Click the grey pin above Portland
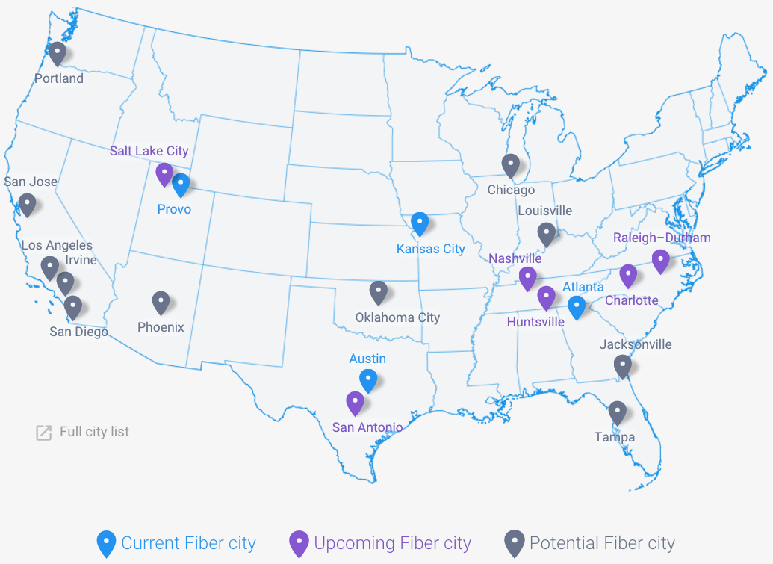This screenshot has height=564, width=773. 58,52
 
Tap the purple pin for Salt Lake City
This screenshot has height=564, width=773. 164,174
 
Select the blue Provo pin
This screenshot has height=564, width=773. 181,185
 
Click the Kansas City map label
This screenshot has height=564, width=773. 431,249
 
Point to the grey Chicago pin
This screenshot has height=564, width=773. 510,165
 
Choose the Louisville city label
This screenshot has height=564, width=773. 544,211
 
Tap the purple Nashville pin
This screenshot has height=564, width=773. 528,278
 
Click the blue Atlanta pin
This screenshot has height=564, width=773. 576,307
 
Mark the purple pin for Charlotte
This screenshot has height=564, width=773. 628,276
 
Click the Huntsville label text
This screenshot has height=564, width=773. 535,322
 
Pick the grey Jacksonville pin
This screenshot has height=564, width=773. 622,366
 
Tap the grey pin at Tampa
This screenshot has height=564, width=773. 617,412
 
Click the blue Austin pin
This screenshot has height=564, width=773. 367,380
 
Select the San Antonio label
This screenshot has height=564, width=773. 367,427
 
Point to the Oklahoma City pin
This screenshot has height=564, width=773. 379,292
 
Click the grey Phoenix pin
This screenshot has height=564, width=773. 161,302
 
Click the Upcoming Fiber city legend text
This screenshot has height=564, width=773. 392,543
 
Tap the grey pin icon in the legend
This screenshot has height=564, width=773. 514,543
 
